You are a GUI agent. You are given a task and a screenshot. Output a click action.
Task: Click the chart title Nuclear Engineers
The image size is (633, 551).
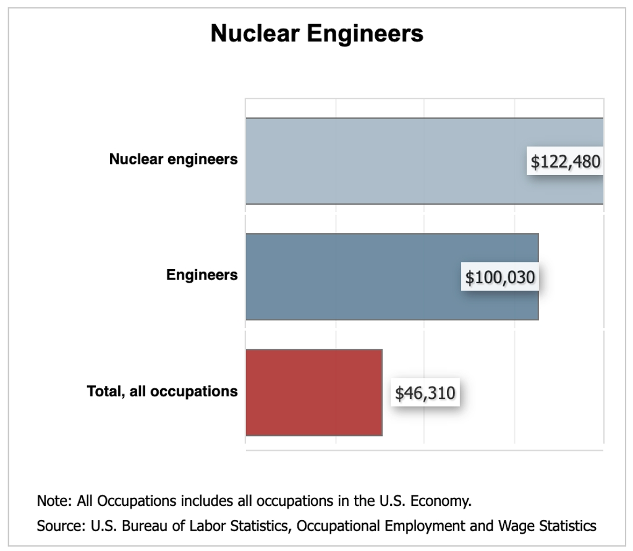(x=316, y=33)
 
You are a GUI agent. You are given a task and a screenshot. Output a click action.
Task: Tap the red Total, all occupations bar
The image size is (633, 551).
(x=313, y=392)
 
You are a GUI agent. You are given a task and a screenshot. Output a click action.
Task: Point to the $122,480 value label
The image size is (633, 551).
(x=565, y=162)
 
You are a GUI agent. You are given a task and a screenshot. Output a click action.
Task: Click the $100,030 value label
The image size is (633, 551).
(x=499, y=278)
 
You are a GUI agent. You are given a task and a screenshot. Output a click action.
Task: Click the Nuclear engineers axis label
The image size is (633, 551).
(x=173, y=160)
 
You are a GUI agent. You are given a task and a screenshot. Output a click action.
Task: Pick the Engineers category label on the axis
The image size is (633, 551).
(x=202, y=275)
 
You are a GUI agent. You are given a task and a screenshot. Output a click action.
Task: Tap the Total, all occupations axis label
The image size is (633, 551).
(x=162, y=391)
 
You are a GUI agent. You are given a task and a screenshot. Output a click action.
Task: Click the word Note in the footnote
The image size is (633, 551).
(x=50, y=500)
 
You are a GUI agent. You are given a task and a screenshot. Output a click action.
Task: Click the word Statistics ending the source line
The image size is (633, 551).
(x=571, y=526)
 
